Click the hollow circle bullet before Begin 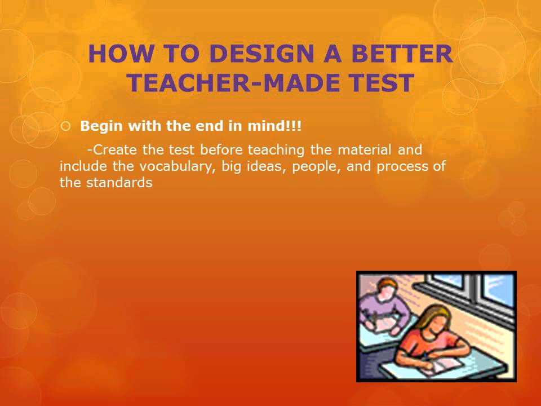[65, 127]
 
